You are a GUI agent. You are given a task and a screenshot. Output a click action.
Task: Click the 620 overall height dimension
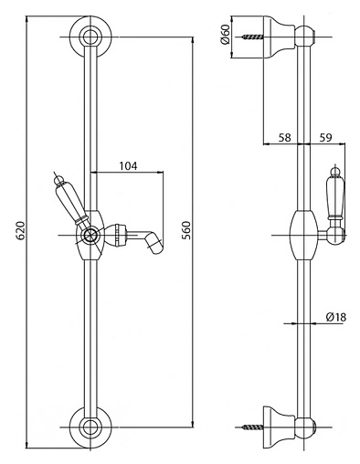[20, 231]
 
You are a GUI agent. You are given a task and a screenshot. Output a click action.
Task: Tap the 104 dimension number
[128, 166]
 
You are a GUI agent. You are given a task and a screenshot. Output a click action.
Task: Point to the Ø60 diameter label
[225, 36]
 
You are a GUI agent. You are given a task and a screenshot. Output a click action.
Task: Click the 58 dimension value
[285, 138]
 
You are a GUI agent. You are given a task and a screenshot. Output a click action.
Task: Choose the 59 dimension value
[325, 138]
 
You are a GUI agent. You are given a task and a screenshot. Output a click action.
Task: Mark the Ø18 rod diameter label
[336, 317]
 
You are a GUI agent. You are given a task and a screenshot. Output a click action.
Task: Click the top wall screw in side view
[253, 37]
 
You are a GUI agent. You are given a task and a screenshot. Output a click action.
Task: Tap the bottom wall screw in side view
[253, 427]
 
